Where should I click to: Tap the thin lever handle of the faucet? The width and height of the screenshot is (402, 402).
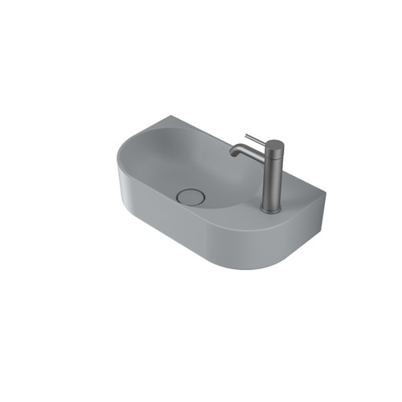[254, 139]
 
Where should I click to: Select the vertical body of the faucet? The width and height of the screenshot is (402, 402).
[273, 181]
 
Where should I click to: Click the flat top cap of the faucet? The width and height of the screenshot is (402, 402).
[273, 144]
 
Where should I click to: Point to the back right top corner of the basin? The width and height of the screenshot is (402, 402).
[326, 191]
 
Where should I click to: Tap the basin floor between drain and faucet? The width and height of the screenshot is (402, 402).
[225, 193]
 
